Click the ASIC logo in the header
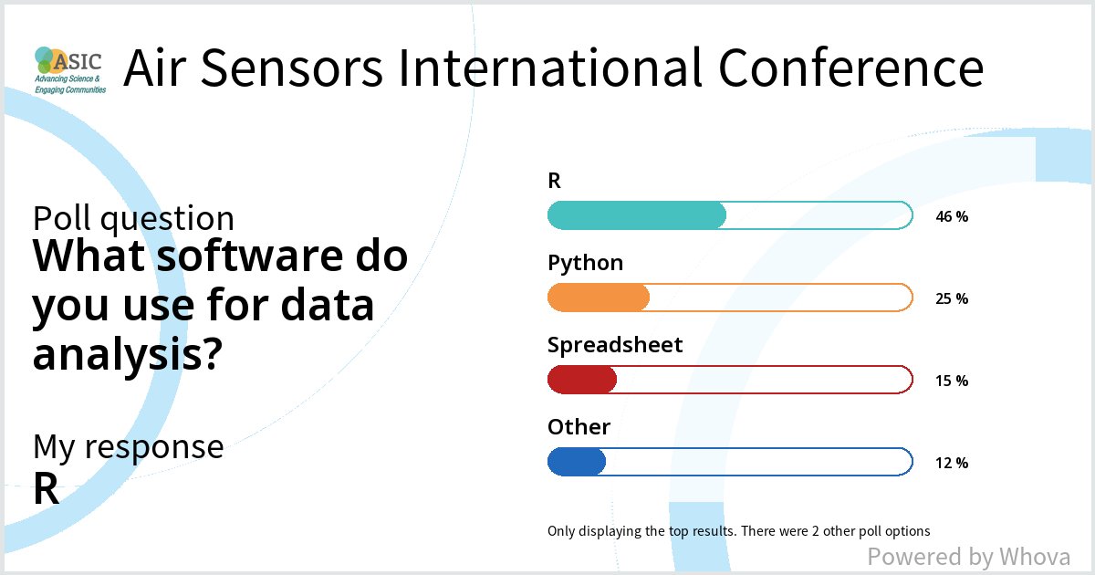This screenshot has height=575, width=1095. click(x=69, y=69)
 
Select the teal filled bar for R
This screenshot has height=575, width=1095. click(x=636, y=215)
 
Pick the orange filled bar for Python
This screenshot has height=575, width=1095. click(x=599, y=298)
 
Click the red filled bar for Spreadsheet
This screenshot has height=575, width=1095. click(x=582, y=380)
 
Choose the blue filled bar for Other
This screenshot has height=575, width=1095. click(x=577, y=462)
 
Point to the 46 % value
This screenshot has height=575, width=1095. click(x=952, y=217)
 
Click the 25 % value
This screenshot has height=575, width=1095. click(x=952, y=298)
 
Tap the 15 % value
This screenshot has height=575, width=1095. click(x=952, y=381)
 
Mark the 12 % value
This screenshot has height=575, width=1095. click(x=952, y=463)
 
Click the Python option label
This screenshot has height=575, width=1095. click(x=585, y=264)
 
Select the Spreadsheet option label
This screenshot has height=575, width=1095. click(x=615, y=345)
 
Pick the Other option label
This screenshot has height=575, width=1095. click(x=579, y=427)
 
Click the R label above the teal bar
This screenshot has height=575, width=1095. click(x=554, y=181)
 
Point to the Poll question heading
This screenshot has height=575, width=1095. click(x=133, y=219)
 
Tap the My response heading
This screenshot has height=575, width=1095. click(x=128, y=446)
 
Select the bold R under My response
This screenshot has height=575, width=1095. click(x=47, y=490)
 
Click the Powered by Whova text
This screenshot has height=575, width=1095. click(x=968, y=557)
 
